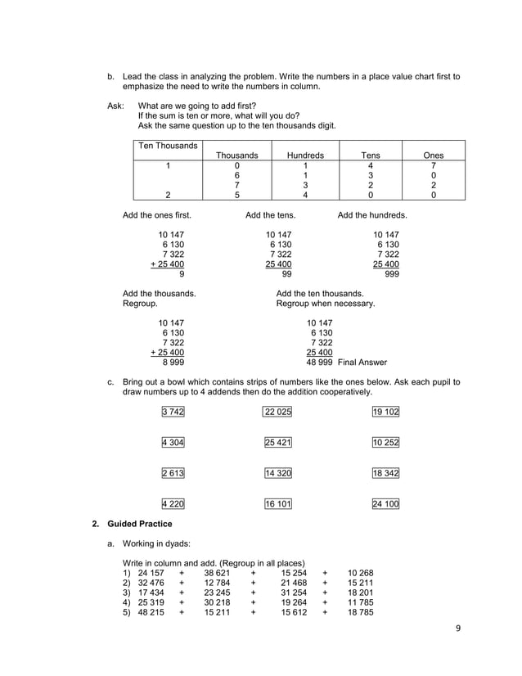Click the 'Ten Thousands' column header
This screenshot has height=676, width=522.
tap(169, 146)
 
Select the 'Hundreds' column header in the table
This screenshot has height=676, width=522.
tap(305, 155)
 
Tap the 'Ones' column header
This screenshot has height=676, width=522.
tap(433, 155)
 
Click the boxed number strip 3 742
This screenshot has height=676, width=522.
tap(173, 412)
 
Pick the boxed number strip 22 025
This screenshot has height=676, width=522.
tap(277, 412)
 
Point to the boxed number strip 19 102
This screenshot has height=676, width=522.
tap(385, 412)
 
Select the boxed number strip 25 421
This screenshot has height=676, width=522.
tap(277, 443)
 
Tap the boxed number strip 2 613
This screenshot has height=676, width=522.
tap(173, 473)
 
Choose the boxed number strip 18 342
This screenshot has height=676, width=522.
tap(385, 473)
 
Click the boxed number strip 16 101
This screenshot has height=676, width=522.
tap(277, 504)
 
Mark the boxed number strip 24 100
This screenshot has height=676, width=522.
tap(385, 504)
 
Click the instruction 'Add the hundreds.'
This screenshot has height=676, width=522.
tap(372, 215)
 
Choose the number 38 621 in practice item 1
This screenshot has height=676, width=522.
tap(217, 573)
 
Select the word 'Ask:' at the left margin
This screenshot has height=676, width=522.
tap(116, 106)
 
